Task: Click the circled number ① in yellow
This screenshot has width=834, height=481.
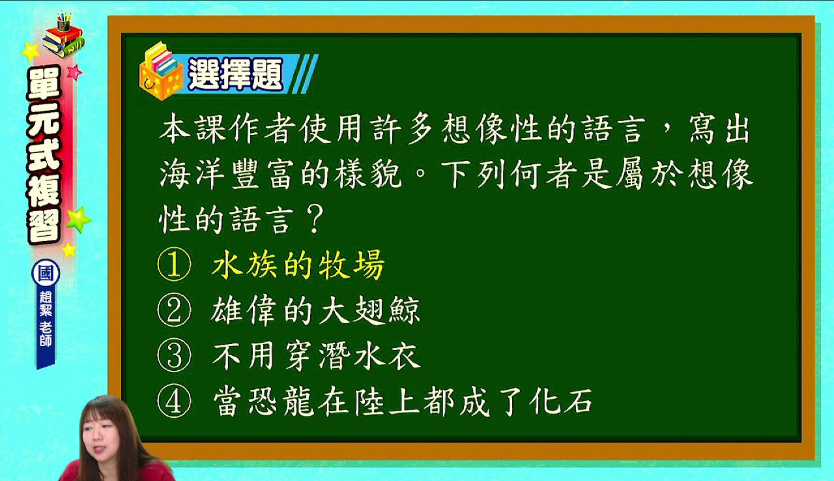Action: pyautogui.click(x=174, y=264)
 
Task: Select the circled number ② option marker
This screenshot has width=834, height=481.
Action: pyautogui.click(x=174, y=310)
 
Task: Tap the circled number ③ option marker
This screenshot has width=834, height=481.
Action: pyautogui.click(x=174, y=355)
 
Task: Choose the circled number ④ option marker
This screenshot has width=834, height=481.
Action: pyautogui.click(x=174, y=401)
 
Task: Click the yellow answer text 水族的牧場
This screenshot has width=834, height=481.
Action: pyautogui.click(x=298, y=265)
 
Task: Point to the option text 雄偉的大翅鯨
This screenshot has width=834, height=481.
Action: pyautogui.click(x=316, y=310)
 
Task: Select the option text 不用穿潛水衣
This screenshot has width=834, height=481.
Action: pyautogui.click(x=317, y=356)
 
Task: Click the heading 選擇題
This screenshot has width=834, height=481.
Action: pyautogui.click(x=235, y=74)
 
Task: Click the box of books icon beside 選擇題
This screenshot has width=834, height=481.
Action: pyautogui.click(x=161, y=71)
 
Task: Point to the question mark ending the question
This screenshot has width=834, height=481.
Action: pyautogui.click(x=316, y=220)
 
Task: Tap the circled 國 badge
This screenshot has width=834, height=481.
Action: pyautogui.click(x=46, y=273)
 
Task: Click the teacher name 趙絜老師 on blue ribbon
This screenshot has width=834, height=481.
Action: pyautogui.click(x=46, y=319)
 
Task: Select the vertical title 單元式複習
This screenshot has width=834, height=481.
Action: pyautogui.click(x=44, y=154)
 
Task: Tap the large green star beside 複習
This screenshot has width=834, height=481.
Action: pyautogui.click(x=78, y=219)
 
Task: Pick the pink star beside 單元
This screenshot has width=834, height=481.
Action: pyautogui.click(x=74, y=72)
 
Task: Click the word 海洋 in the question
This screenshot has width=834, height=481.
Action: pyautogui.click(x=192, y=174)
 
